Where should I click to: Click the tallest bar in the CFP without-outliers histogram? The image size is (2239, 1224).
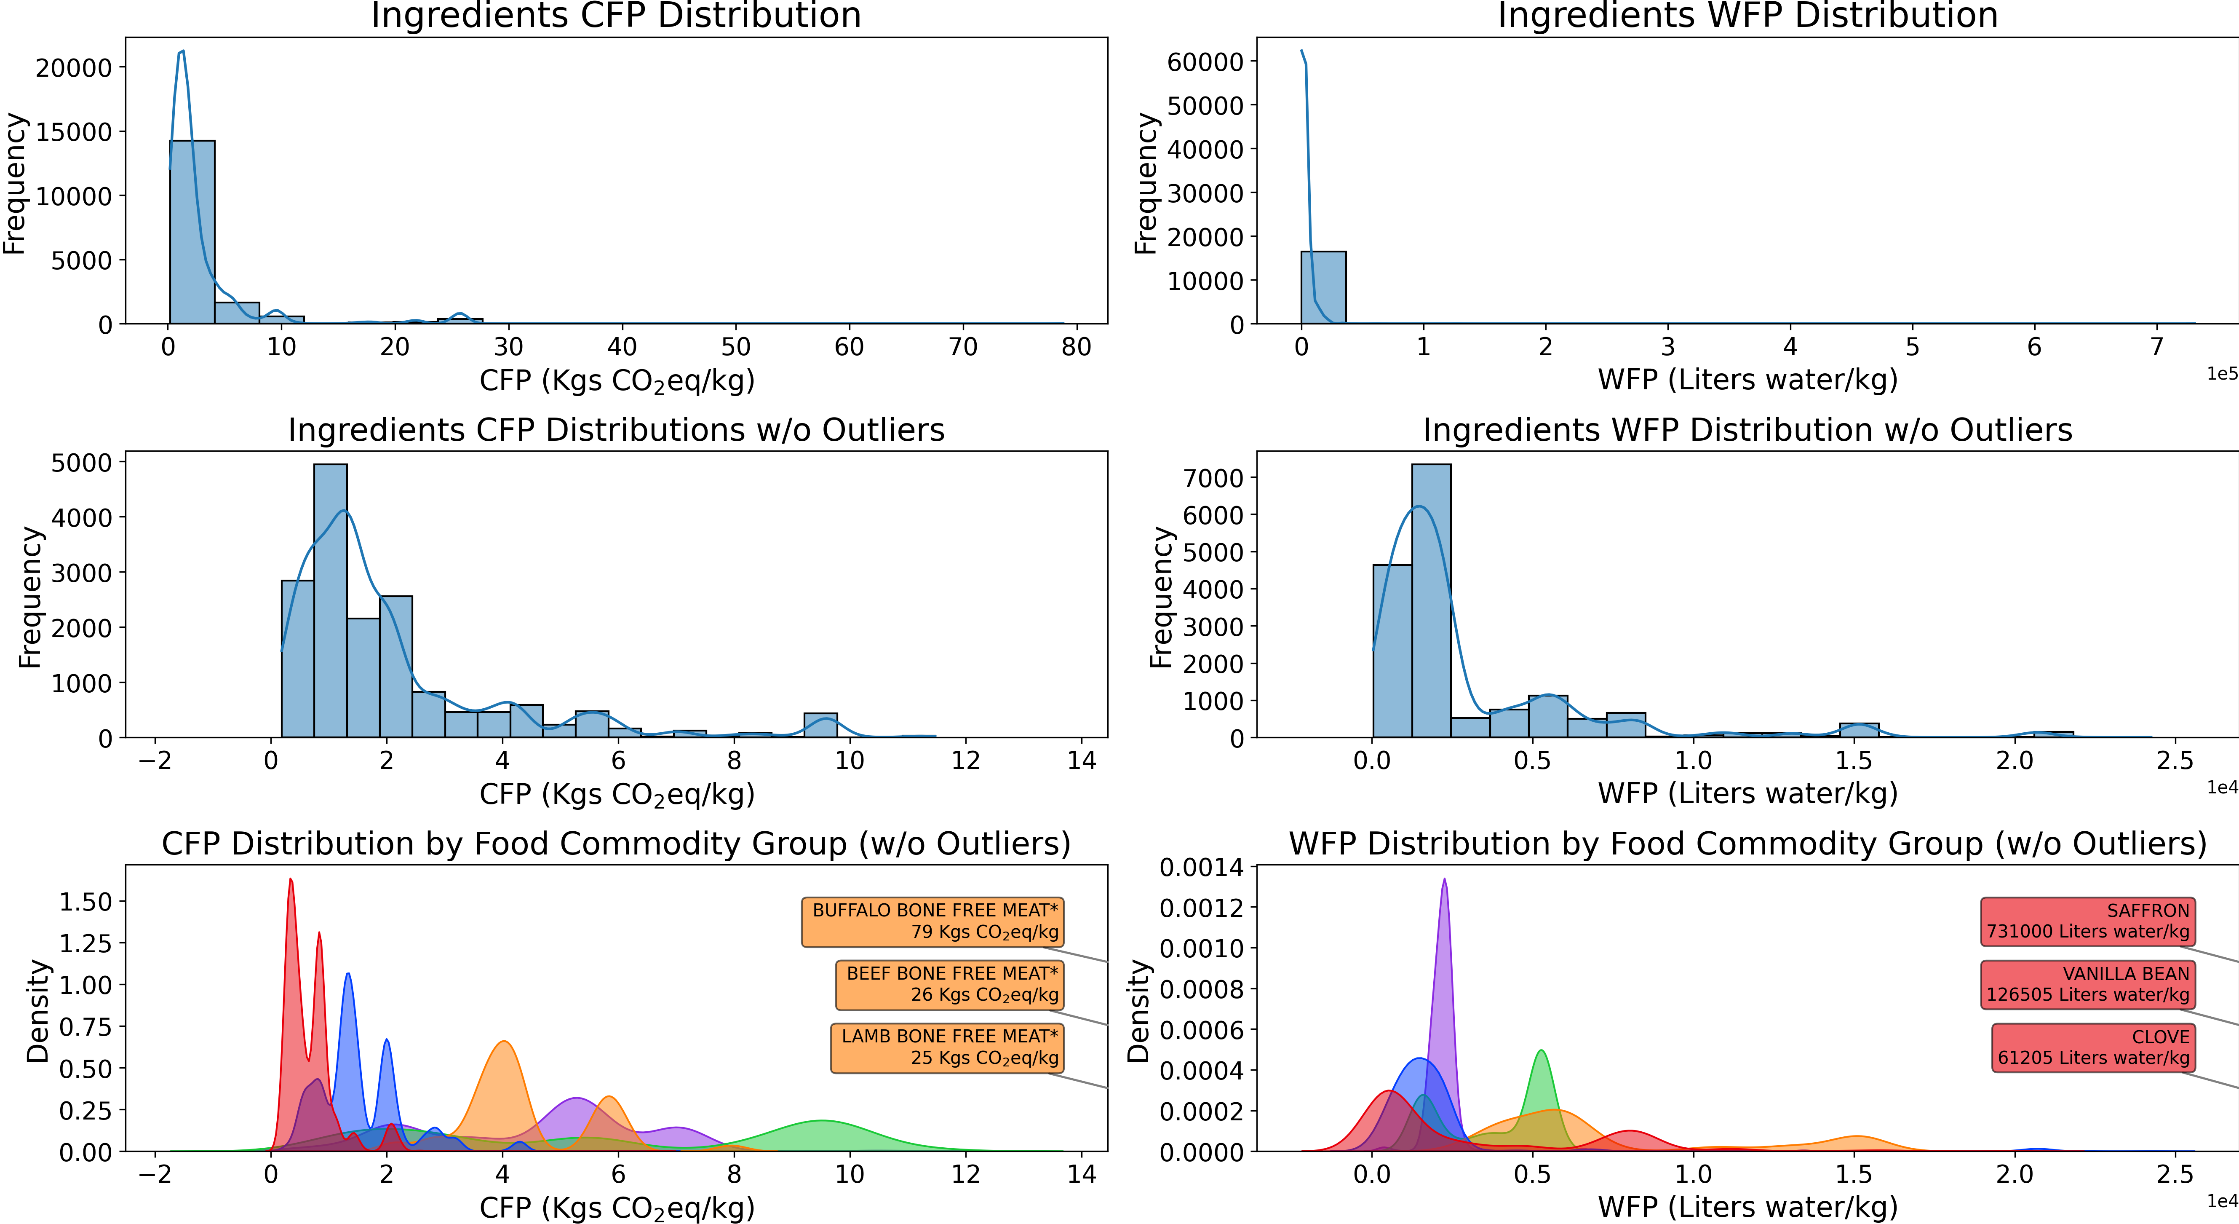[x=330, y=600]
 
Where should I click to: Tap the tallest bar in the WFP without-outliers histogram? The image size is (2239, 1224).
[x=1431, y=600]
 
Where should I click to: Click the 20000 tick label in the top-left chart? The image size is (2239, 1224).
[x=74, y=68]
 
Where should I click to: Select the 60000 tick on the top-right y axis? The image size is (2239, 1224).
[x=1205, y=62]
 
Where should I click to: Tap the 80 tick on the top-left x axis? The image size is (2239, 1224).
[x=1076, y=347]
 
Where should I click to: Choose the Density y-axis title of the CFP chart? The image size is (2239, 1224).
[x=37, y=1011]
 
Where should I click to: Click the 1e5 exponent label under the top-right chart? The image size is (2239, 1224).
[x=2222, y=374]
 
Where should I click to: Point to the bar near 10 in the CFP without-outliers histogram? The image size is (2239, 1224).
[x=820, y=725]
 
